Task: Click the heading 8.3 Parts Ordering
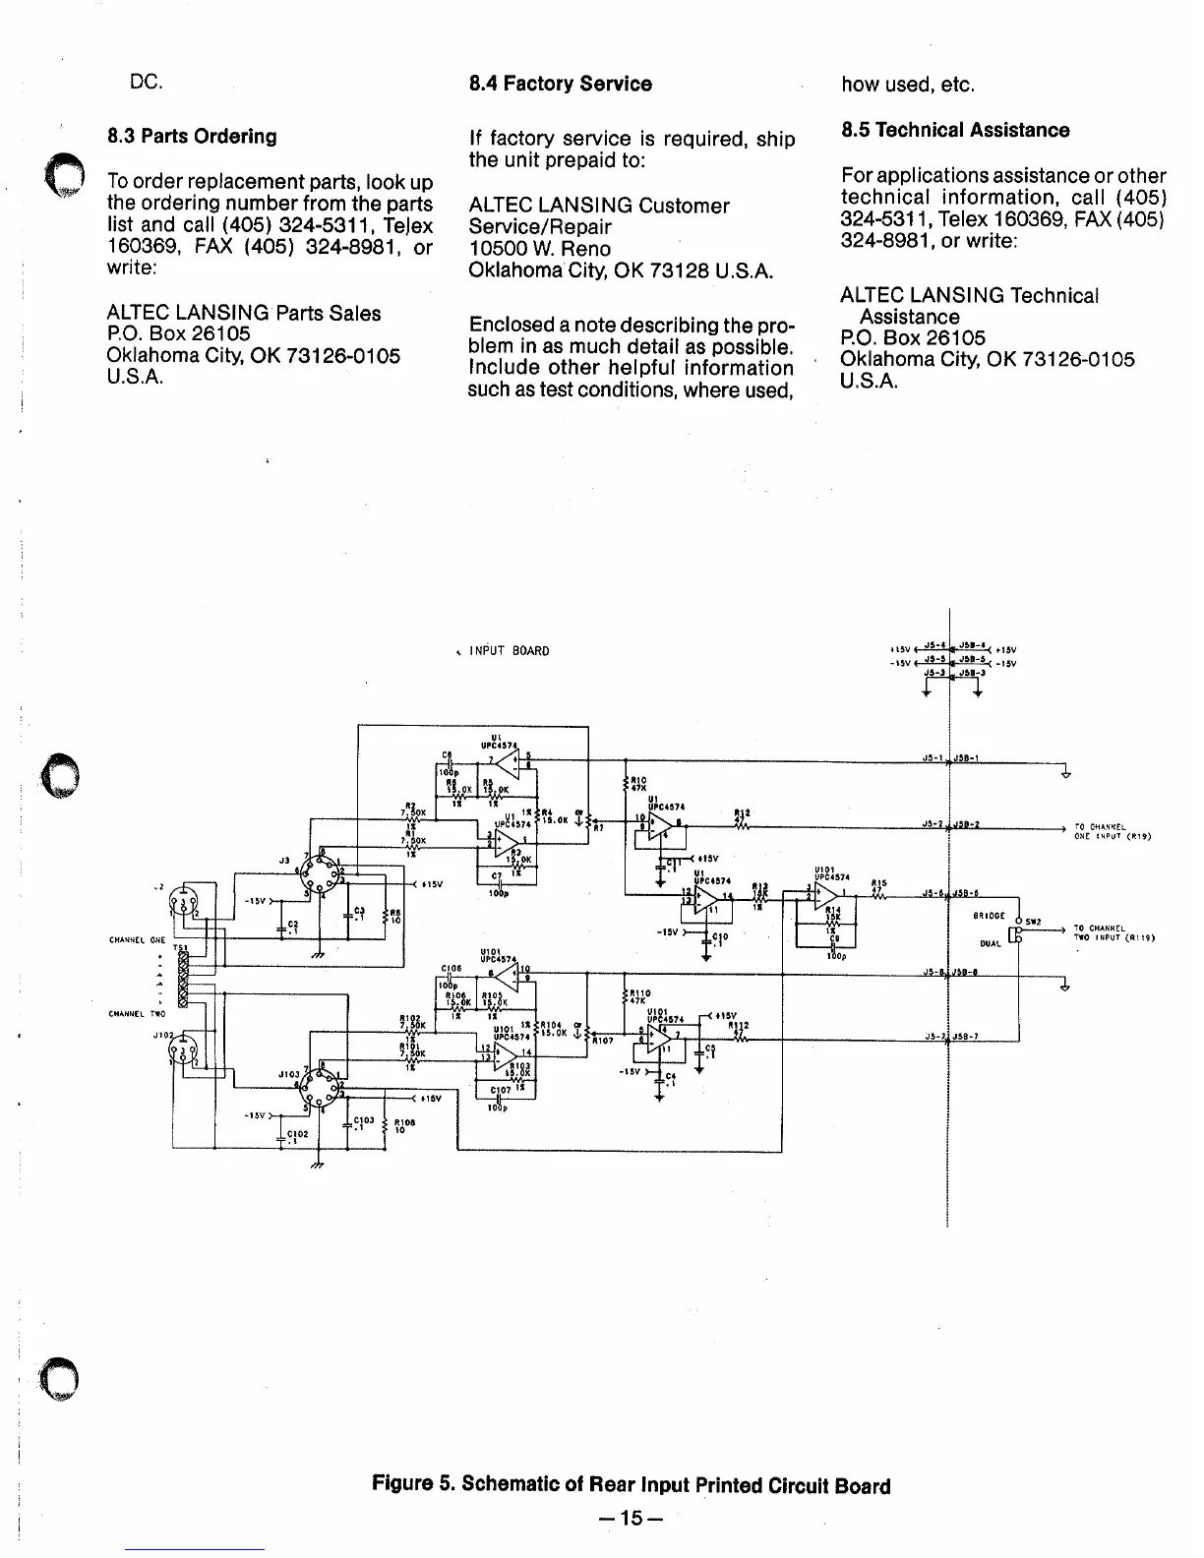192,137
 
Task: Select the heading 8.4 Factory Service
560,84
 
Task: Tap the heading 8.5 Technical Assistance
954,130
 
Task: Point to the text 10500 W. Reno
539,249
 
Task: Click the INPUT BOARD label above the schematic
509,651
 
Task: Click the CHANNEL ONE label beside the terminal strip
137,940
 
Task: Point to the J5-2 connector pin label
933,823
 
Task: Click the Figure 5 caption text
631,1485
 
